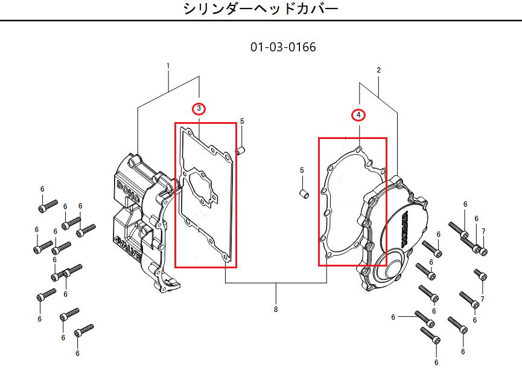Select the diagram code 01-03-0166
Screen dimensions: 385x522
(x=282, y=47)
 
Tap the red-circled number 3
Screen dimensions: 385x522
(x=199, y=109)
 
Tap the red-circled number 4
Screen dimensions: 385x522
(x=358, y=115)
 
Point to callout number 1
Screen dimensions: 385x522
(x=168, y=66)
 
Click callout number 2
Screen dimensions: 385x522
(x=378, y=70)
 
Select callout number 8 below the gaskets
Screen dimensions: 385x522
(x=276, y=309)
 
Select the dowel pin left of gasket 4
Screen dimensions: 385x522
(x=305, y=193)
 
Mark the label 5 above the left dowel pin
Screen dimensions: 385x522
(x=241, y=121)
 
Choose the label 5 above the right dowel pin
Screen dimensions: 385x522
(x=302, y=170)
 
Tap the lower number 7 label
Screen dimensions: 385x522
(x=482, y=299)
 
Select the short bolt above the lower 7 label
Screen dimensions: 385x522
(x=480, y=276)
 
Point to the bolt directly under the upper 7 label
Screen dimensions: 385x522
(x=483, y=250)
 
